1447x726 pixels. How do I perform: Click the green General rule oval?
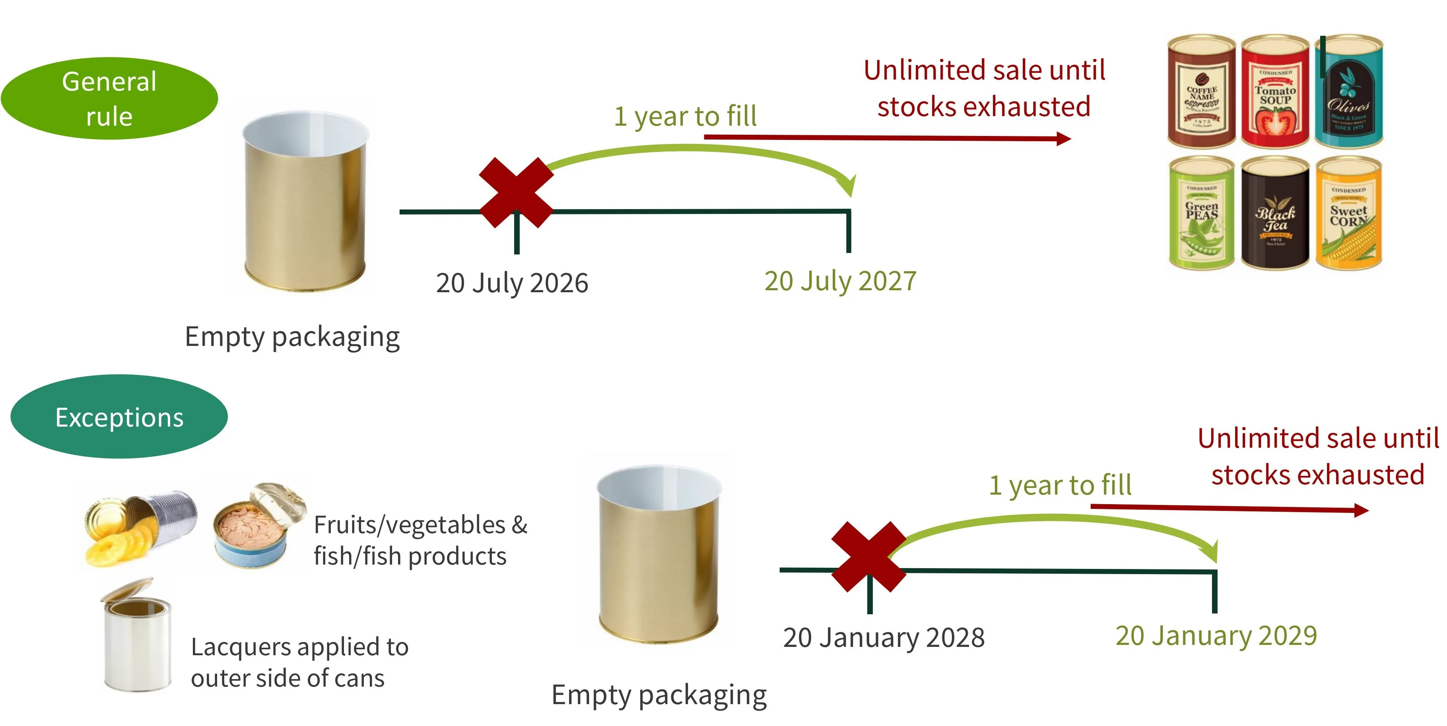(109, 98)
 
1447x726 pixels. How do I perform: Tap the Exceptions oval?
(119, 417)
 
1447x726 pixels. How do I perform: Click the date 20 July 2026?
(512, 282)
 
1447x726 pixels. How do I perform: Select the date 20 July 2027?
(840, 281)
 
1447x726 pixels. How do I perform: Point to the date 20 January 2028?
(884, 637)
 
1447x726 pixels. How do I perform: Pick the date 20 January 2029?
(1216, 636)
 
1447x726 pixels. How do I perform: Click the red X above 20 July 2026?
(516, 192)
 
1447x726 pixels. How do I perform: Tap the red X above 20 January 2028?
(868, 557)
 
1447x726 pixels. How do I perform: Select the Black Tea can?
(1275, 214)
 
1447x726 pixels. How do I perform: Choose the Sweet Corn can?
(1348, 214)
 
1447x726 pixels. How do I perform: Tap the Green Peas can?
(1202, 214)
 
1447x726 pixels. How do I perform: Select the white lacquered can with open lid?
(136, 637)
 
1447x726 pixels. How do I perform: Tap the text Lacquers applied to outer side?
(299, 662)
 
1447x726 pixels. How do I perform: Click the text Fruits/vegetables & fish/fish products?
(420, 540)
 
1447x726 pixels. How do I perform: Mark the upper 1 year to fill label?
(685, 116)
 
